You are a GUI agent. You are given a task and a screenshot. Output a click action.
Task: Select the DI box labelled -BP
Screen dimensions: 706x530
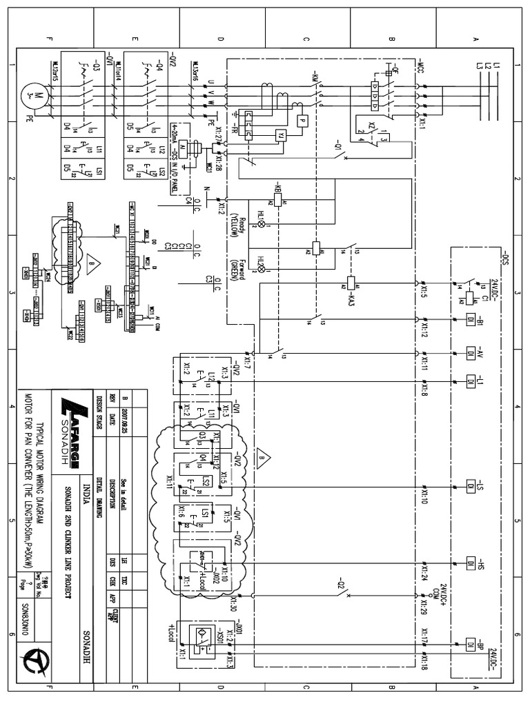pos(471,643)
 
